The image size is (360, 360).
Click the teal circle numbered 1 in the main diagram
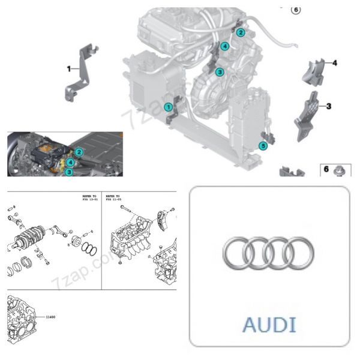pyautogui.click(x=169, y=107)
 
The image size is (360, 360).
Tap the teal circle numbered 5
pyautogui.click(x=262, y=145)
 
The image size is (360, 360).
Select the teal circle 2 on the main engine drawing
pyautogui.click(x=240, y=32)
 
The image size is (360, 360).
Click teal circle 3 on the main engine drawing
pyautogui.click(x=220, y=72)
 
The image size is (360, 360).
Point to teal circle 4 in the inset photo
pyautogui.click(x=71, y=162)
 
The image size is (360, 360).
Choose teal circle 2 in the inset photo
pyautogui.click(x=79, y=152)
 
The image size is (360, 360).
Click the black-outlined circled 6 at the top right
pyautogui.click(x=294, y=9)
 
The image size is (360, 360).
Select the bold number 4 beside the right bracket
pyautogui.click(x=335, y=62)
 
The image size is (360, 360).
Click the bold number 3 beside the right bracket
pyautogui.click(x=329, y=106)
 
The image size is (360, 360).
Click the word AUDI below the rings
pyautogui.click(x=269, y=325)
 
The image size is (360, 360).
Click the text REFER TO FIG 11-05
pyautogui.click(x=115, y=198)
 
